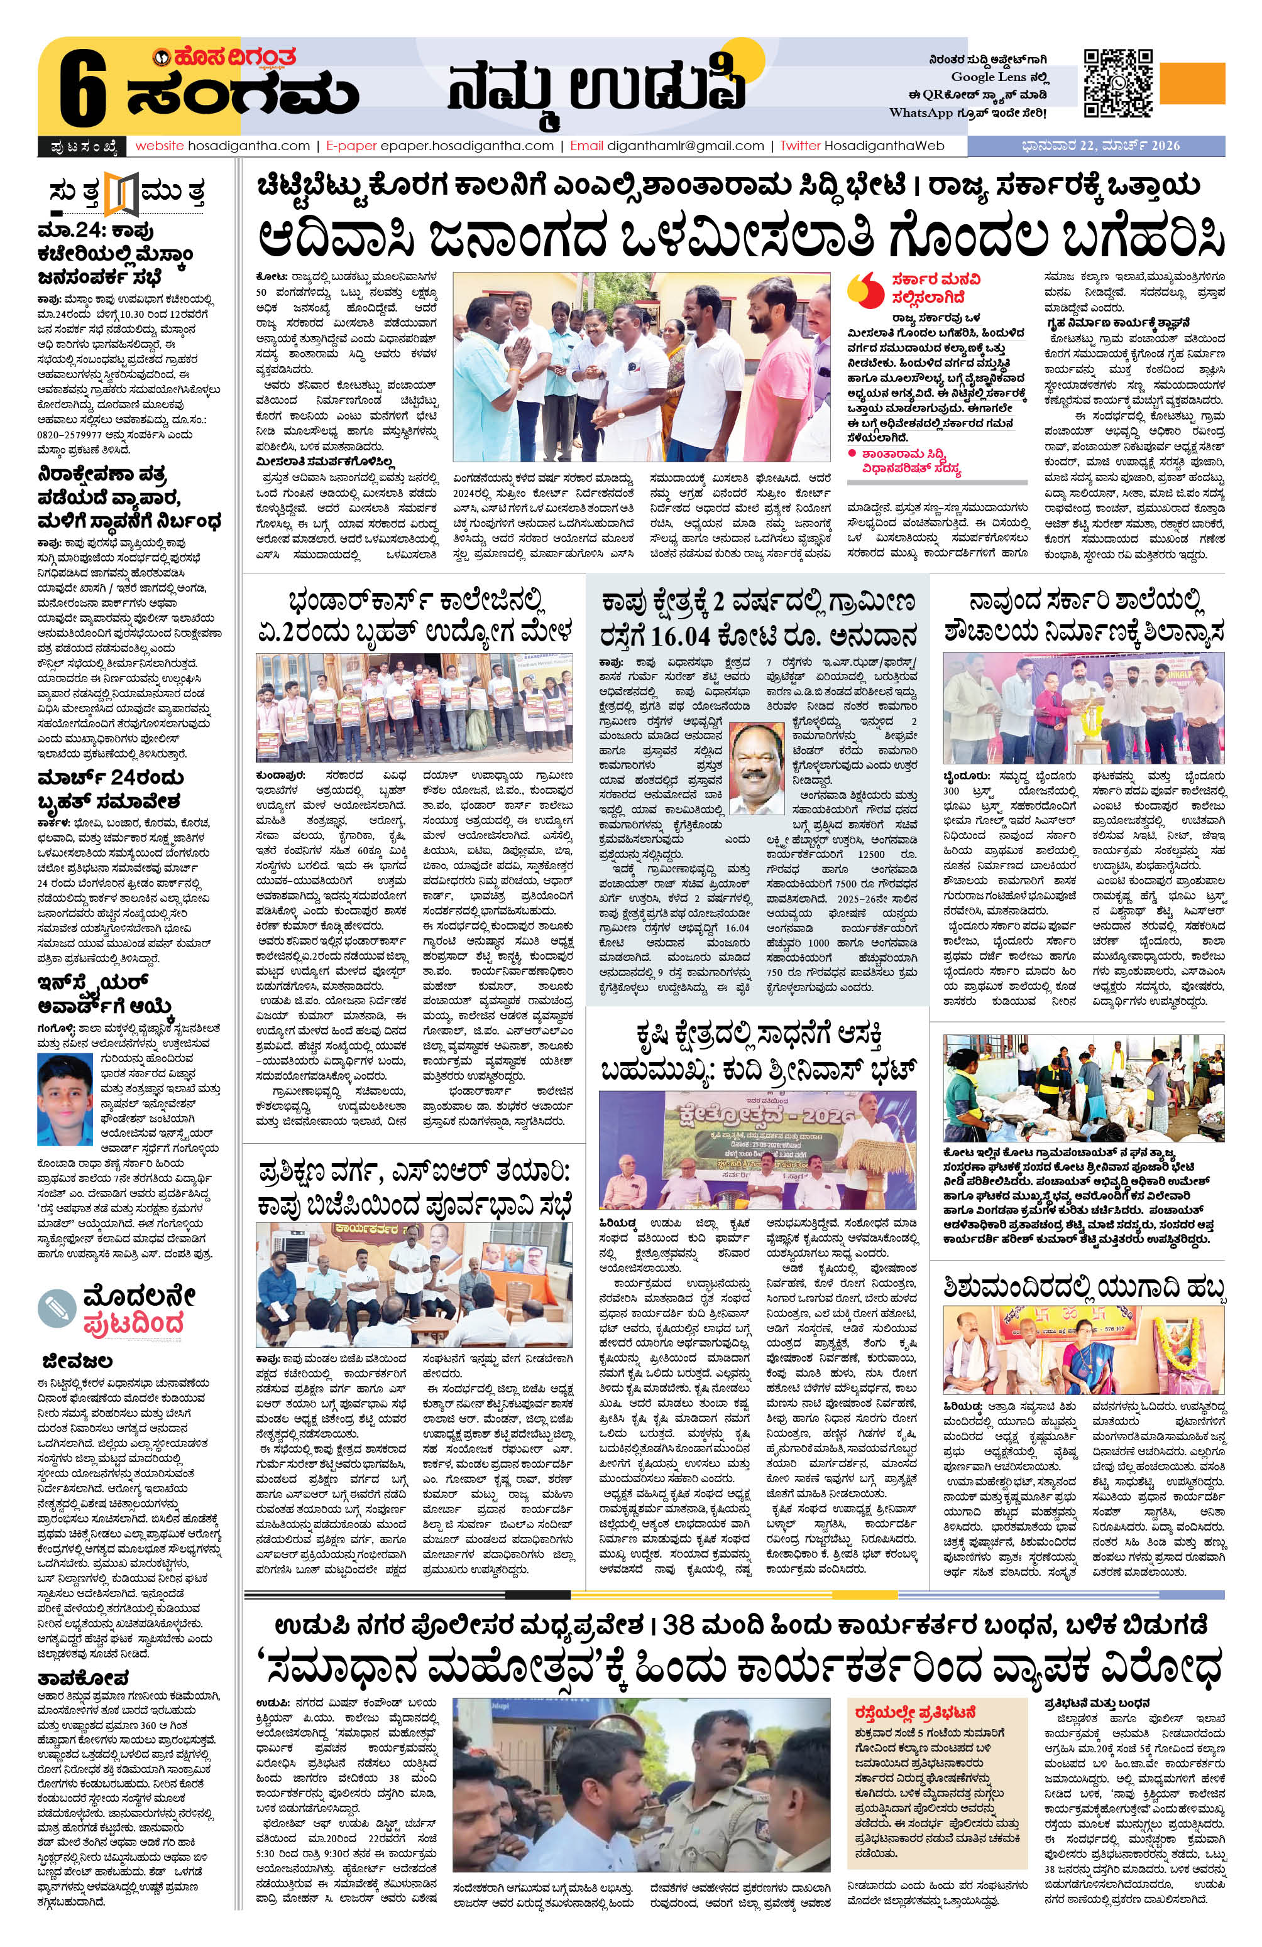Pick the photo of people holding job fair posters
coord(414,707)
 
